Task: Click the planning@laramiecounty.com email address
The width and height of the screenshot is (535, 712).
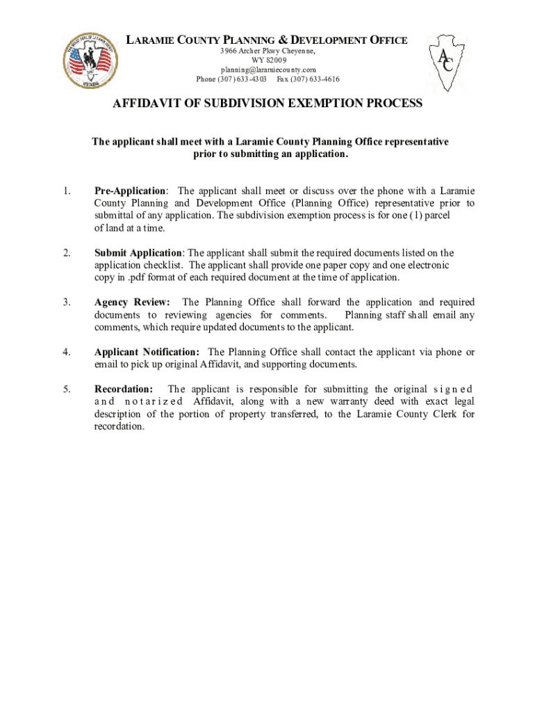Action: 268,70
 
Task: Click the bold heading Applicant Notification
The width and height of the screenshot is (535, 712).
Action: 147,353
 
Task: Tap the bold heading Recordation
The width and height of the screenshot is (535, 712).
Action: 124,389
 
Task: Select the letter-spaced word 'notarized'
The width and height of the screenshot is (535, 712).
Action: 154,402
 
